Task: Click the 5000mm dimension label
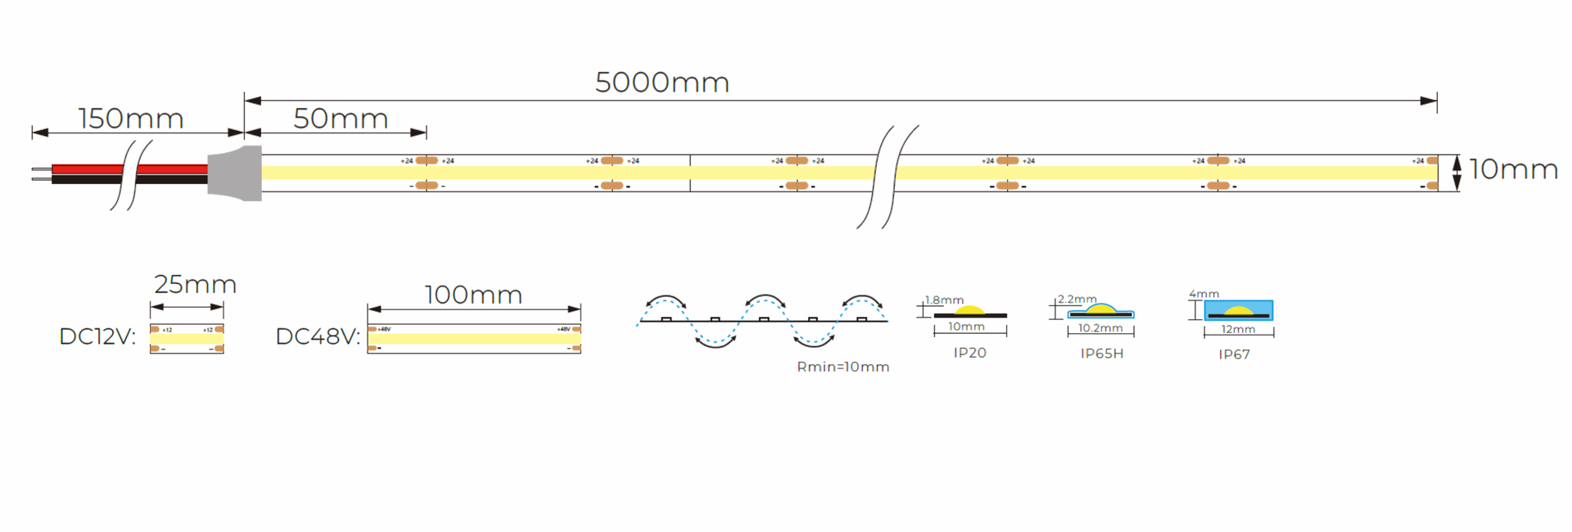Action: [x=662, y=83]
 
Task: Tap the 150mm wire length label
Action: [x=131, y=119]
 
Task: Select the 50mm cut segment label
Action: [x=341, y=119]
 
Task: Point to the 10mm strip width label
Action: [x=1513, y=169]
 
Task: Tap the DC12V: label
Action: [x=97, y=336]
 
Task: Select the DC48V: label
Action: [x=318, y=336]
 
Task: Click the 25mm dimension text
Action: [x=195, y=284]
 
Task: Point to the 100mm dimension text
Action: [x=473, y=295]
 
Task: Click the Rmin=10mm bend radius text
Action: [x=842, y=367]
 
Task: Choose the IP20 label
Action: [x=969, y=353]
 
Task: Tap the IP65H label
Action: [x=1101, y=354]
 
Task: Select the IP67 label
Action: [x=1234, y=354]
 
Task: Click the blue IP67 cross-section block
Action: [x=1238, y=310]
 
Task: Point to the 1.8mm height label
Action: [x=944, y=300]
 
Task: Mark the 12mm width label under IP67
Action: [x=1238, y=329]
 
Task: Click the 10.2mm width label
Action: [x=1100, y=328]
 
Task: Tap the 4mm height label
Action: [x=1204, y=294]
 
